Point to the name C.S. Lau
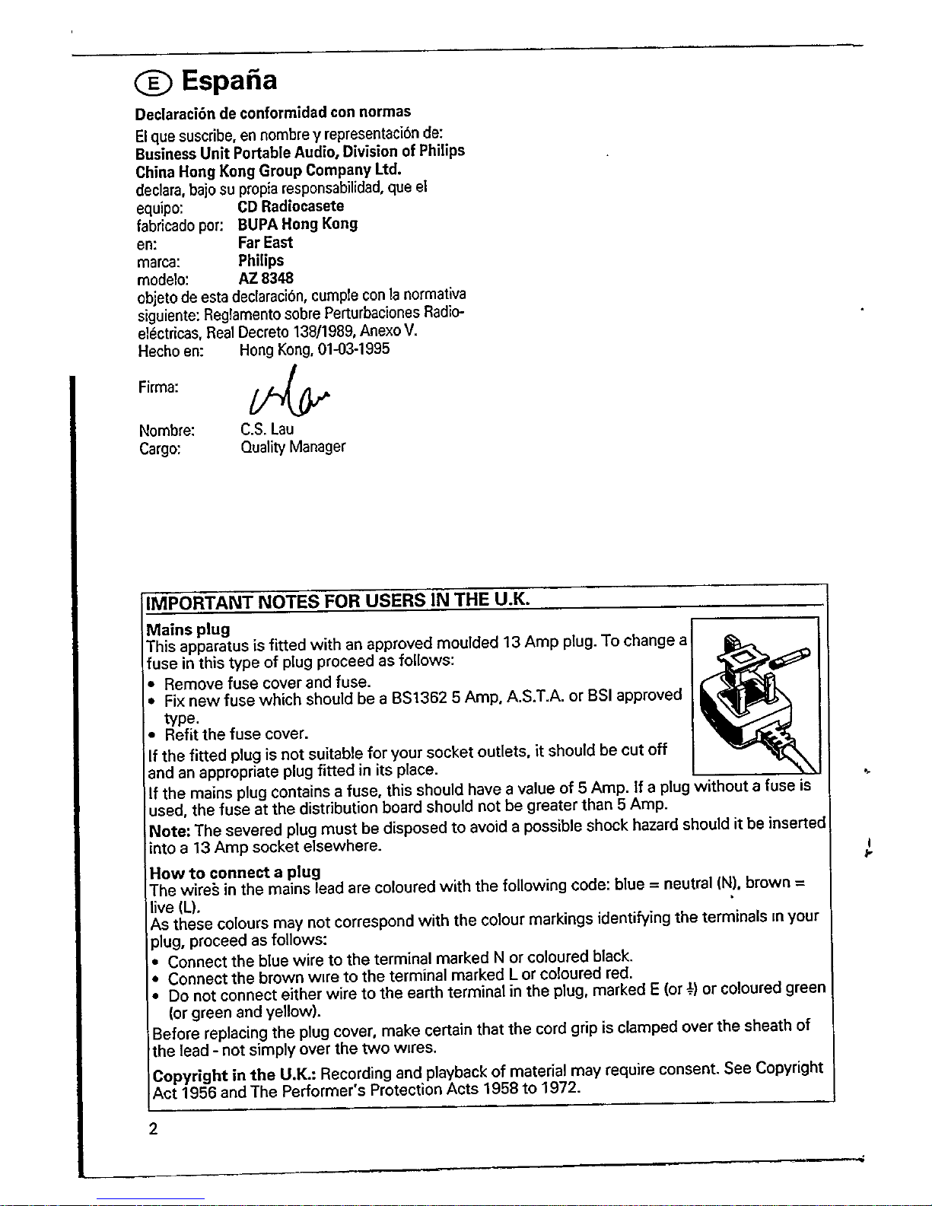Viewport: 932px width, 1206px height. (x=266, y=428)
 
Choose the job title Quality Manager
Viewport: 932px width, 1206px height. (x=292, y=447)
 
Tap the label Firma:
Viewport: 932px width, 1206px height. (x=158, y=387)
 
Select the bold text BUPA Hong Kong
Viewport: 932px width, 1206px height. (x=297, y=224)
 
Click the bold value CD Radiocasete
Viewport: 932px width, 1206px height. (x=291, y=206)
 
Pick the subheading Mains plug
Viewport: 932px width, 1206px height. (x=188, y=630)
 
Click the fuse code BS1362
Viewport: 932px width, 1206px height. (x=419, y=698)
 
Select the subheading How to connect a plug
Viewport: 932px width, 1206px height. (x=234, y=871)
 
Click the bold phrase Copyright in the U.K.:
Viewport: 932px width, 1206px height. (x=235, y=1076)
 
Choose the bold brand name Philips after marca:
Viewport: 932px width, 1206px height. (x=261, y=260)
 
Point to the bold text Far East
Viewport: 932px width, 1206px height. (x=265, y=242)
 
